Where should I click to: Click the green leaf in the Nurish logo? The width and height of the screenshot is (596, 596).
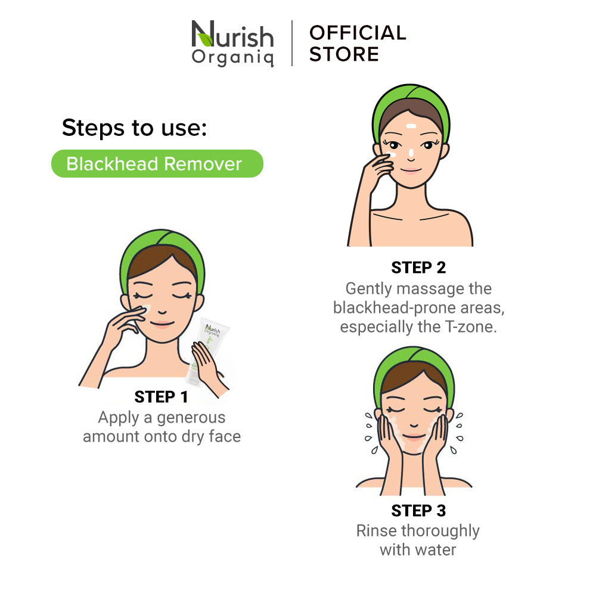tap(206, 39)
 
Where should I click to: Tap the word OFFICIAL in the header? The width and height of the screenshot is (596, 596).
tap(358, 33)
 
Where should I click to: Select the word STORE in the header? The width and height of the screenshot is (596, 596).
tap(344, 54)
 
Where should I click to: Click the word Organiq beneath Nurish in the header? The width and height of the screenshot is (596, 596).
tap(232, 58)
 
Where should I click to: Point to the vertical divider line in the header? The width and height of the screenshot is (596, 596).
tap(292, 44)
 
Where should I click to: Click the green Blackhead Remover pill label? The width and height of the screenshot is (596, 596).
tap(157, 164)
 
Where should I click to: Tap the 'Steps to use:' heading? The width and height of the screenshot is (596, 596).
tap(135, 128)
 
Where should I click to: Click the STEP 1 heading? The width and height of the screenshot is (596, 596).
tap(161, 397)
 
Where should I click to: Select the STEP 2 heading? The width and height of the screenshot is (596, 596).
tap(418, 268)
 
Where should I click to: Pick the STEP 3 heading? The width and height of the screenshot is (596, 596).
tap(418, 511)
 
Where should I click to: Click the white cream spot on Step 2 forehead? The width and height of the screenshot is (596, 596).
tap(411, 126)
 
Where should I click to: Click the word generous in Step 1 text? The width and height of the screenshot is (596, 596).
tap(191, 418)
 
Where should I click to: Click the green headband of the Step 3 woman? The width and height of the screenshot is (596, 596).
tap(414, 365)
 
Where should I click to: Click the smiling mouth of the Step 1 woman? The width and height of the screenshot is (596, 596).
tap(162, 324)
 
